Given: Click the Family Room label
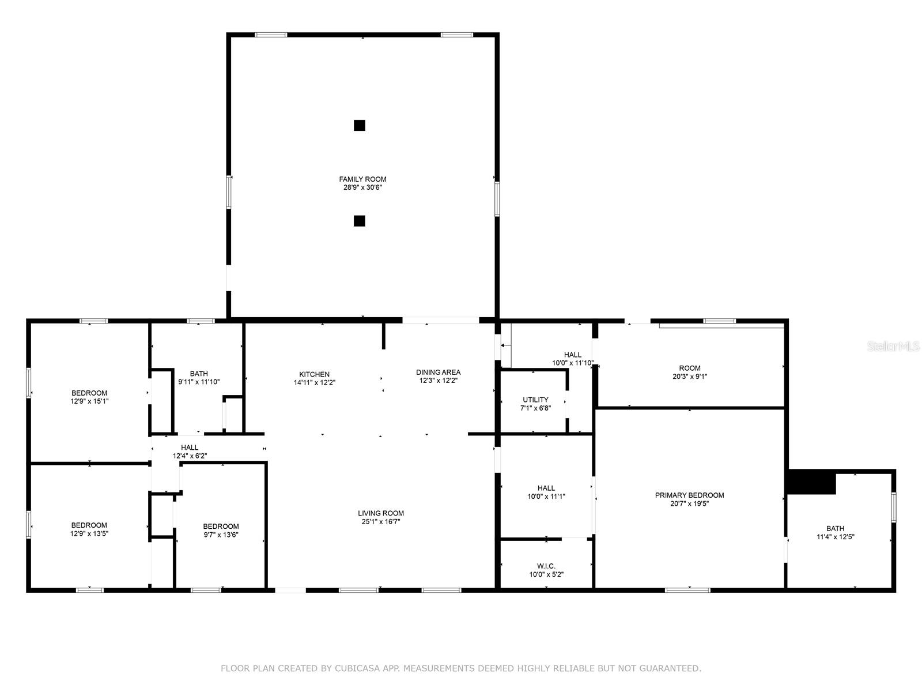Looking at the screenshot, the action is (362, 179).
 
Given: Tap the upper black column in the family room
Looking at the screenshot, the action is (359, 125).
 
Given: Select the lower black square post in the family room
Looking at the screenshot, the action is (359, 221).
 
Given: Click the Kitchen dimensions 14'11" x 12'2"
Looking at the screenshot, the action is (315, 383).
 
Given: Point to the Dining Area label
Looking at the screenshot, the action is (438, 373).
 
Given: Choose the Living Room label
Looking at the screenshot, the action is (381, 513).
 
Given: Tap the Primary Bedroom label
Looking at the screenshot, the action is (689, 495).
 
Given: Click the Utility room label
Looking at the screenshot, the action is (535, 400).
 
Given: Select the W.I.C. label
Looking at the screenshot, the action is (546, 566).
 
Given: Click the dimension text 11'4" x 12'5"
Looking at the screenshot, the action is (836, 537).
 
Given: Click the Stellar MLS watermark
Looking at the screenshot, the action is (893, 347).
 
